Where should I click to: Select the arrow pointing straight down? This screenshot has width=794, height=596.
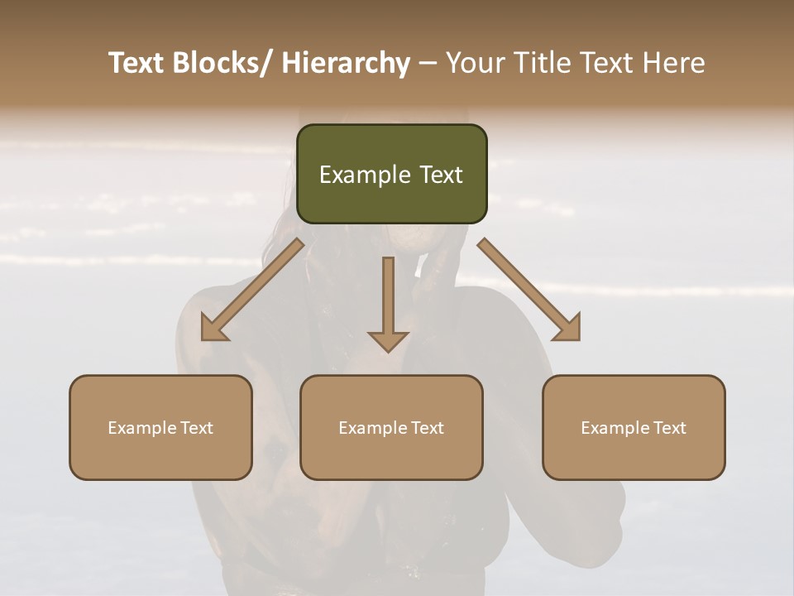pyautogui.click(x=388, y=302)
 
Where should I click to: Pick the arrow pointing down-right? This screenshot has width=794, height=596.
pyautogui.click(x=529, y=290)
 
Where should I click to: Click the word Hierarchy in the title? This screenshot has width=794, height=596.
pyautogui.click(x=346, y=63)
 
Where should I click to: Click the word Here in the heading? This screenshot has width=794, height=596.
pyautogui.click(x=675, y=63)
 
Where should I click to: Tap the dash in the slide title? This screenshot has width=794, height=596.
pyautogui.click(x=428, y=63)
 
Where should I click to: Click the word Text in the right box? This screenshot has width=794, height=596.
pyautogui.click(x=668, y=428)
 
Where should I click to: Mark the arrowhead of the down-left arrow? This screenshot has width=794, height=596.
pyautogui.click(x=213, y=329)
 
